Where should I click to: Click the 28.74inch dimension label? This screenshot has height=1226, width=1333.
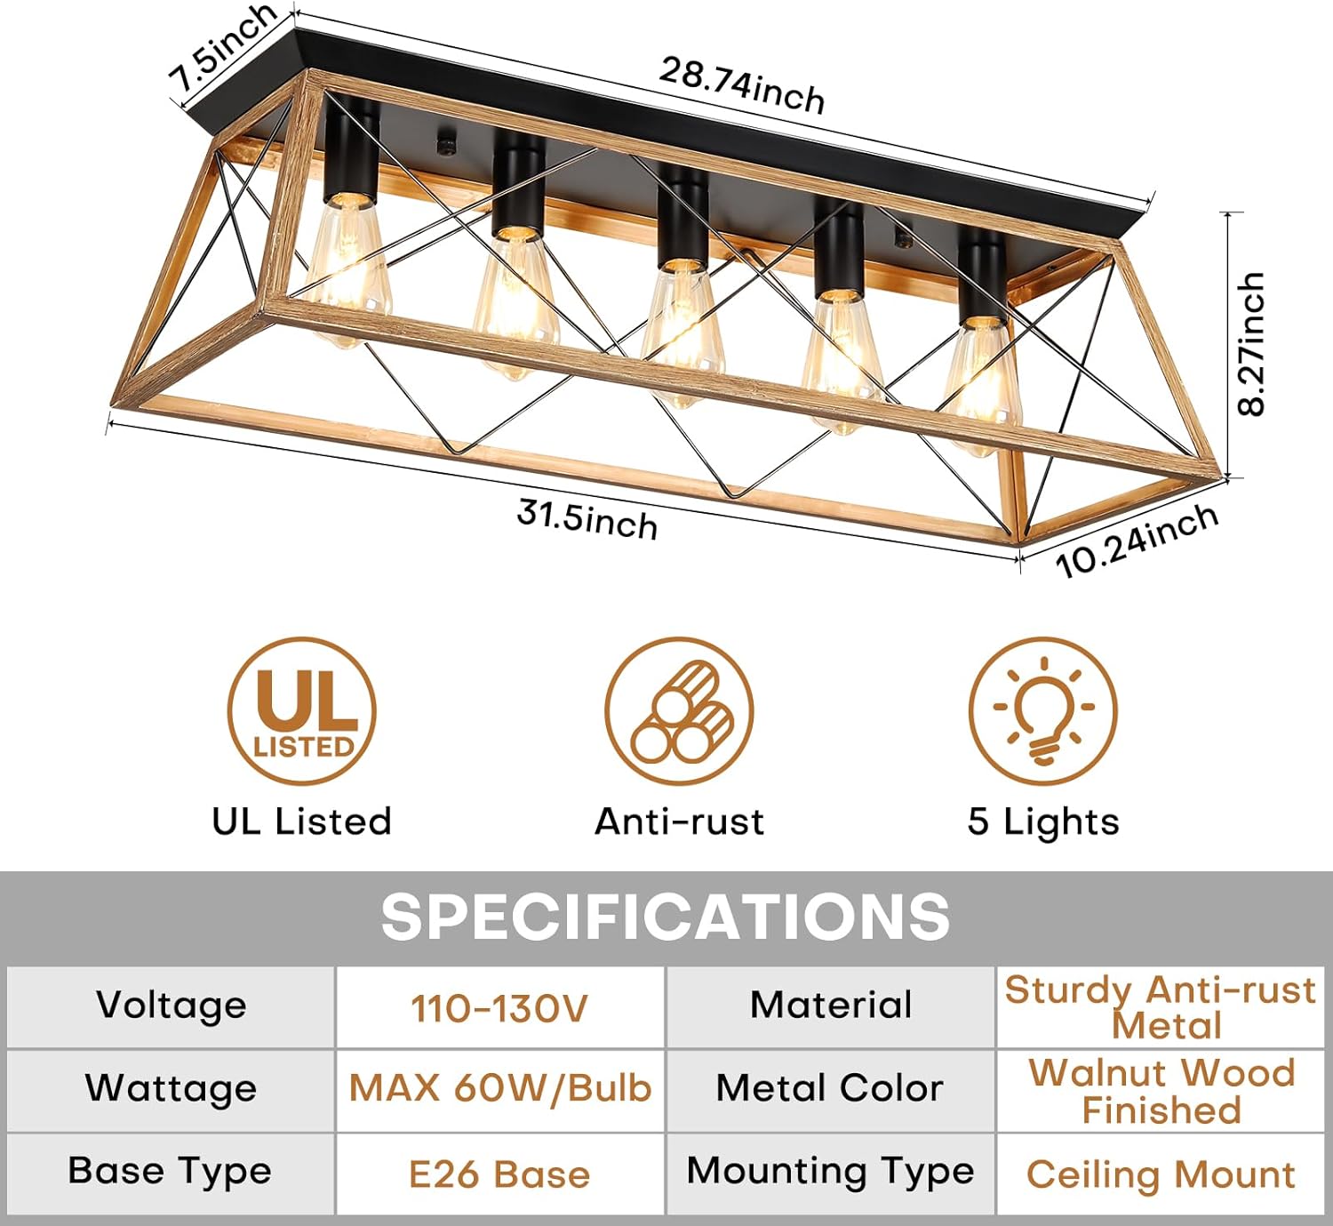741,85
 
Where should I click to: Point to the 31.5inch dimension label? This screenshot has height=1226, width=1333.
587,519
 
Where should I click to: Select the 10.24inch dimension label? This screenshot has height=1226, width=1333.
1137,540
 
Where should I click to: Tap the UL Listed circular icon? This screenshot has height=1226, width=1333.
301,711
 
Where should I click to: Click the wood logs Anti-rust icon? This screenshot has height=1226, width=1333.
679,711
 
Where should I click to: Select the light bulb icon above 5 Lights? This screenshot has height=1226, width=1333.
1042,711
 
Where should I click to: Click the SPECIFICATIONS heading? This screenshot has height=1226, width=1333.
666,917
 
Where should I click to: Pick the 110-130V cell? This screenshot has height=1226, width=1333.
499,1008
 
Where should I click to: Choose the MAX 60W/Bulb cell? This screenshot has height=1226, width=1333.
499,1088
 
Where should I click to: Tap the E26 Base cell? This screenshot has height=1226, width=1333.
499,1174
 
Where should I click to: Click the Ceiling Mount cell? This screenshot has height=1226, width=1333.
1161,1174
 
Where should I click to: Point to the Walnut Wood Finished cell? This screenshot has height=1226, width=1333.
1161,1092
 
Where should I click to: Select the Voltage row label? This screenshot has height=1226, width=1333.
172,1005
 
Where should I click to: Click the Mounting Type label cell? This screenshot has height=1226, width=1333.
830,1171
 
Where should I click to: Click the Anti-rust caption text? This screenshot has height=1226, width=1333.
679,821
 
